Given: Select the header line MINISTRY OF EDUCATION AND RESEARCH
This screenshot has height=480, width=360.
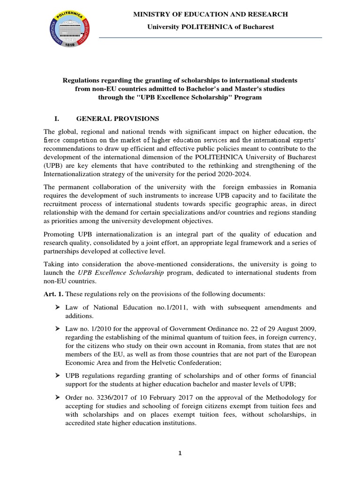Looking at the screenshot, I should tap(210, 15).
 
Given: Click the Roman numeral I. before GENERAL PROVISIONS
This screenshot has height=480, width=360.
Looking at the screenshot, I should tap(57, 118).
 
